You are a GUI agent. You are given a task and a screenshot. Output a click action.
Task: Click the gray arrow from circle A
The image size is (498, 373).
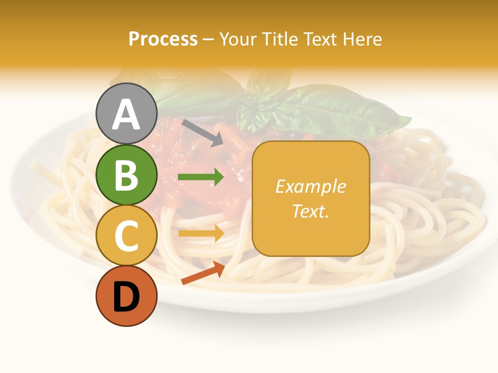202,133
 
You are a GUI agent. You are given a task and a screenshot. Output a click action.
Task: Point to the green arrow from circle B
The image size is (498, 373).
201,178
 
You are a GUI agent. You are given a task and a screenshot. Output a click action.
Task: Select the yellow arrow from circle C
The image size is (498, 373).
201,233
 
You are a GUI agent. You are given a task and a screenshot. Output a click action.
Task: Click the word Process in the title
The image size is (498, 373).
163,39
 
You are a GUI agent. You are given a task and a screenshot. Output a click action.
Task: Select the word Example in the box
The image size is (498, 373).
310,187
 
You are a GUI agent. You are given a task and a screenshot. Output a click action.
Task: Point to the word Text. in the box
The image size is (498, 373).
310,211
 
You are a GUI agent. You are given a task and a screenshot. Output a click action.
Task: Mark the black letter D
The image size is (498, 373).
126,298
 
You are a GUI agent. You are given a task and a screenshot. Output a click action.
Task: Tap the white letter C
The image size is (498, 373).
126,236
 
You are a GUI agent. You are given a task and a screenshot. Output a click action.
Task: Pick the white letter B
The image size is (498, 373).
126,175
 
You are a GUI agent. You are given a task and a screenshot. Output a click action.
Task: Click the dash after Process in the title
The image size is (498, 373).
208,40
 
